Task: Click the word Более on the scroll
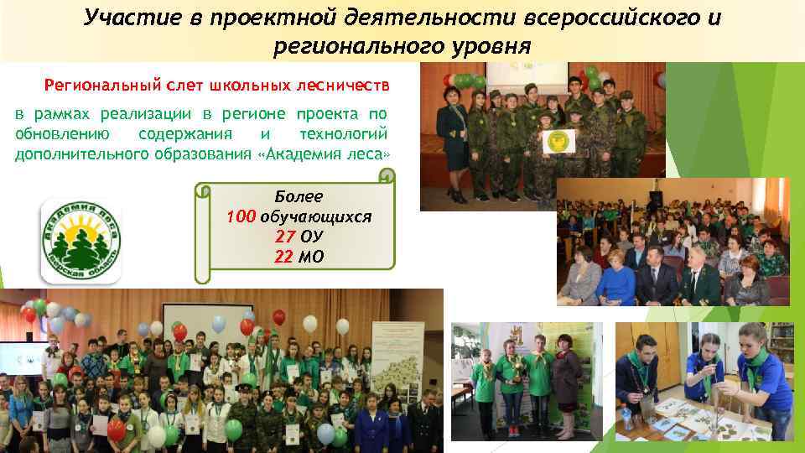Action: click(x=298, y=197)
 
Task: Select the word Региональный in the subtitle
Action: click(x=92, y=85)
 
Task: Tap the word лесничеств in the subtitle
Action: click(x=345, y=85)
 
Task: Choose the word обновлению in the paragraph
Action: click(x=59, y=134)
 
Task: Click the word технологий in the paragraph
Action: click(x=344, y=134)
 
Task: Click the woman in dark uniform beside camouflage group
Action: click(x=453, y=134)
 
